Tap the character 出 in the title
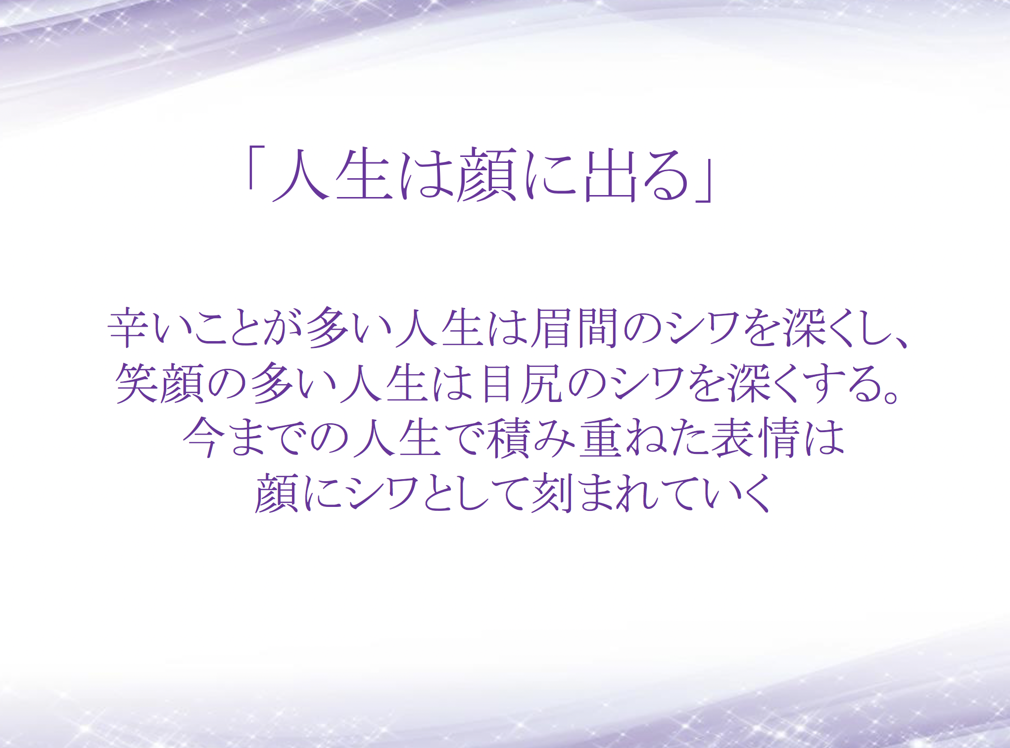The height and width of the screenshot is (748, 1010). tap(610, 175)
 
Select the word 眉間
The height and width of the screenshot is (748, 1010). tap(576, 328)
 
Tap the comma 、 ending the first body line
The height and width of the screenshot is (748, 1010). tap(898, 342)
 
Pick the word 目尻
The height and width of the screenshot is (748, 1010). tap(523, 383)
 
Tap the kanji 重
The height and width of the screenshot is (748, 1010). tap(600, 437)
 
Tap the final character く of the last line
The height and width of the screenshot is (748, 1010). tap(756, 492)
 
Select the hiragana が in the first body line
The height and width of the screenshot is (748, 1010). tap(284, 328)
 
